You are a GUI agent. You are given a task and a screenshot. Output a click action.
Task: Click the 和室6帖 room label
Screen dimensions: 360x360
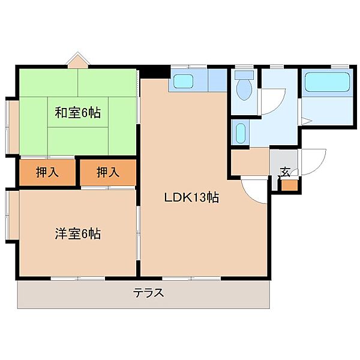77,113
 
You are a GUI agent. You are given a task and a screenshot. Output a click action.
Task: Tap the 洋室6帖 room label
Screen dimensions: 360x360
77,234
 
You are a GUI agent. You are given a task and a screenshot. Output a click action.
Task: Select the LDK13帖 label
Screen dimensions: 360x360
191,197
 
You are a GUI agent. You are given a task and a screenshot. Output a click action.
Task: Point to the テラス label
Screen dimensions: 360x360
149,293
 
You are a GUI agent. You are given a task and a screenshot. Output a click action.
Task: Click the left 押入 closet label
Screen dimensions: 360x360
47,172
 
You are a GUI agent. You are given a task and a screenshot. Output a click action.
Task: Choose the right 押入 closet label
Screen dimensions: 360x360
108,172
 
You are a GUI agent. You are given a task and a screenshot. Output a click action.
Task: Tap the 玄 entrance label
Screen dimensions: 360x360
285,172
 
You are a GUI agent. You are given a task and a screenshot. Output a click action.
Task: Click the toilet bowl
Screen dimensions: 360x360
244,90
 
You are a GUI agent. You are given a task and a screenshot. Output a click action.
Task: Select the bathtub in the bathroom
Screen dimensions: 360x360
327,82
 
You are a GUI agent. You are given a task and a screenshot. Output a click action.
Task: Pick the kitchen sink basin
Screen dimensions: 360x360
183,81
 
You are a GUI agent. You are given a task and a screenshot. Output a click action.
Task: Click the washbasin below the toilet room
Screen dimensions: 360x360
241,133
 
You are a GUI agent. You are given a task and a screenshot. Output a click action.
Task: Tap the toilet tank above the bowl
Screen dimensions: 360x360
244,74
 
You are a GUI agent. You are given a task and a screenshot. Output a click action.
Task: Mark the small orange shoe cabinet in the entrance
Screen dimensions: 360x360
290,185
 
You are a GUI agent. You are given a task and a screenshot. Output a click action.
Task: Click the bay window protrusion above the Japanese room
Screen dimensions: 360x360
78,61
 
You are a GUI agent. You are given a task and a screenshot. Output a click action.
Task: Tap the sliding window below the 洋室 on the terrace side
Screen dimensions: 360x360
78,278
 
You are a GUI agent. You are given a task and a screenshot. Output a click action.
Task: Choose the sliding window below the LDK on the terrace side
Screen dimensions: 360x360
191,278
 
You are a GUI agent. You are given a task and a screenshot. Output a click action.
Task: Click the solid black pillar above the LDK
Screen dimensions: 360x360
154,71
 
